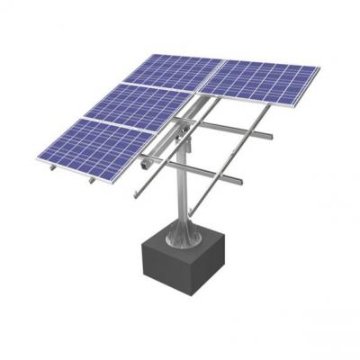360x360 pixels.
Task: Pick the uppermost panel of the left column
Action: (x=175, y=71)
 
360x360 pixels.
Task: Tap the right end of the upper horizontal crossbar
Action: (x=269, y=136)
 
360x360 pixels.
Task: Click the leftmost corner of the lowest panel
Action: (x=38, y=160)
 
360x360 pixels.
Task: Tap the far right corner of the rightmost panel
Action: (x=319, y=67)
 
